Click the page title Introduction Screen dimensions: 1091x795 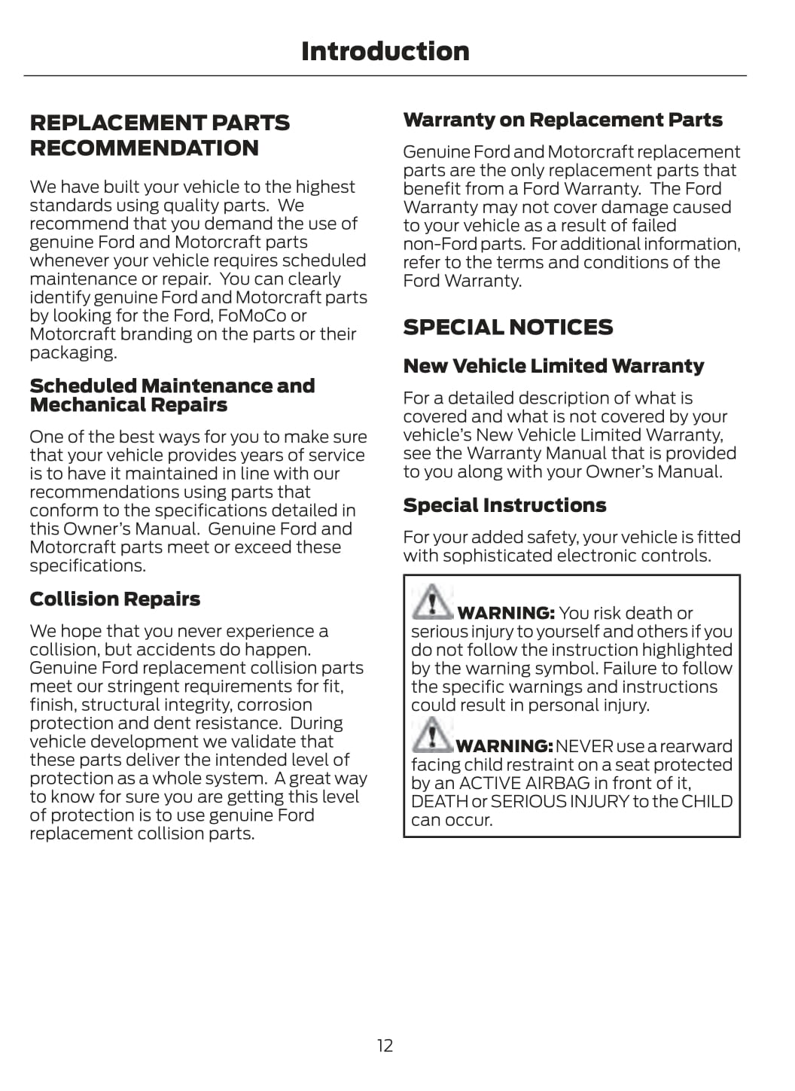point(385,51)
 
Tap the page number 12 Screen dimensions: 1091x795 point(385,1045)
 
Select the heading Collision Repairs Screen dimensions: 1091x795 point(114,599)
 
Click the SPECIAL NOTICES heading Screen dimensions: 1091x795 point(507,328)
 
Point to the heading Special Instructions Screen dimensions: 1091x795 point(504,505)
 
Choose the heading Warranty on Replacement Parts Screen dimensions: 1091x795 point(562,120)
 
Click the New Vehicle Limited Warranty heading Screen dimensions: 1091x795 point(553,366)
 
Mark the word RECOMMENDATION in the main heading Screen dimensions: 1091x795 point(144,148)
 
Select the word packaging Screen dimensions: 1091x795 point(73,352)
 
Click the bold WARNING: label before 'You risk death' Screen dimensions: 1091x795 point(505,613)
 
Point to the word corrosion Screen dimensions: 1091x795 point(275,705)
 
